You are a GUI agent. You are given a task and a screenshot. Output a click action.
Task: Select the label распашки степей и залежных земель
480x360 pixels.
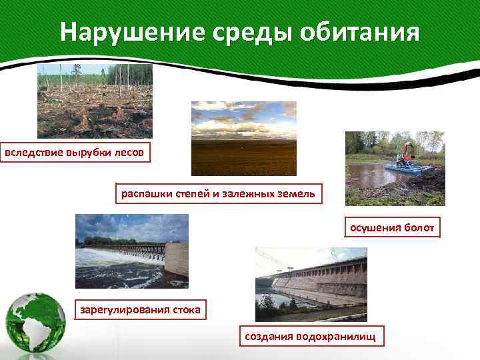219,194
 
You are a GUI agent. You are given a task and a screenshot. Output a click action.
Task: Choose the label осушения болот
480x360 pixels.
392,228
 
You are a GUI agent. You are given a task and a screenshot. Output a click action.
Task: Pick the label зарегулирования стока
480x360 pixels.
140,310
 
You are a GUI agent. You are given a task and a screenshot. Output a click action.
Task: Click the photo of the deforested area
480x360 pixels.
95,101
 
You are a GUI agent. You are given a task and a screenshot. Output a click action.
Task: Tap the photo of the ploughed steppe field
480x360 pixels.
243,138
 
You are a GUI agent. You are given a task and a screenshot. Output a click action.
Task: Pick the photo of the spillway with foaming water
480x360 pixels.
131,251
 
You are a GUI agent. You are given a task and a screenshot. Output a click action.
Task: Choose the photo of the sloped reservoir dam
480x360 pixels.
311,284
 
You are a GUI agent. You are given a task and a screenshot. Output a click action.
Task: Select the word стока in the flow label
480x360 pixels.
186,310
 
